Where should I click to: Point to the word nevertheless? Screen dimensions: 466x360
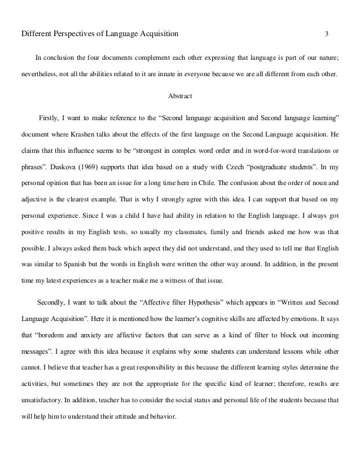41,73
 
